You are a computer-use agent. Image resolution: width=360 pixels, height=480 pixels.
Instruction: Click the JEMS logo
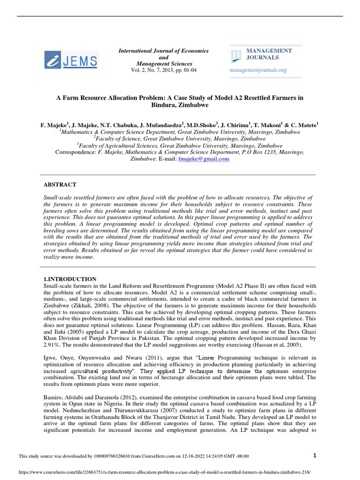tap(71, 60)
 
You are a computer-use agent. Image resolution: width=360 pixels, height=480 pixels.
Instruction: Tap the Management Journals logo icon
tap(237, 55)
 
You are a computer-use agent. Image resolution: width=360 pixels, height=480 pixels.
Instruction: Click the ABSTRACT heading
tap(60, 185)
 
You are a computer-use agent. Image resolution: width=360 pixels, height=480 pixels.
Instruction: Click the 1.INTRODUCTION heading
tap(70, 279)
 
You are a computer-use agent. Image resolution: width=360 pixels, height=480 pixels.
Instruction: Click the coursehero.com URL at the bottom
tap(164, 473)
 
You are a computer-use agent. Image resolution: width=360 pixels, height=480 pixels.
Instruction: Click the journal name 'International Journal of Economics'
tap(164, 51)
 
